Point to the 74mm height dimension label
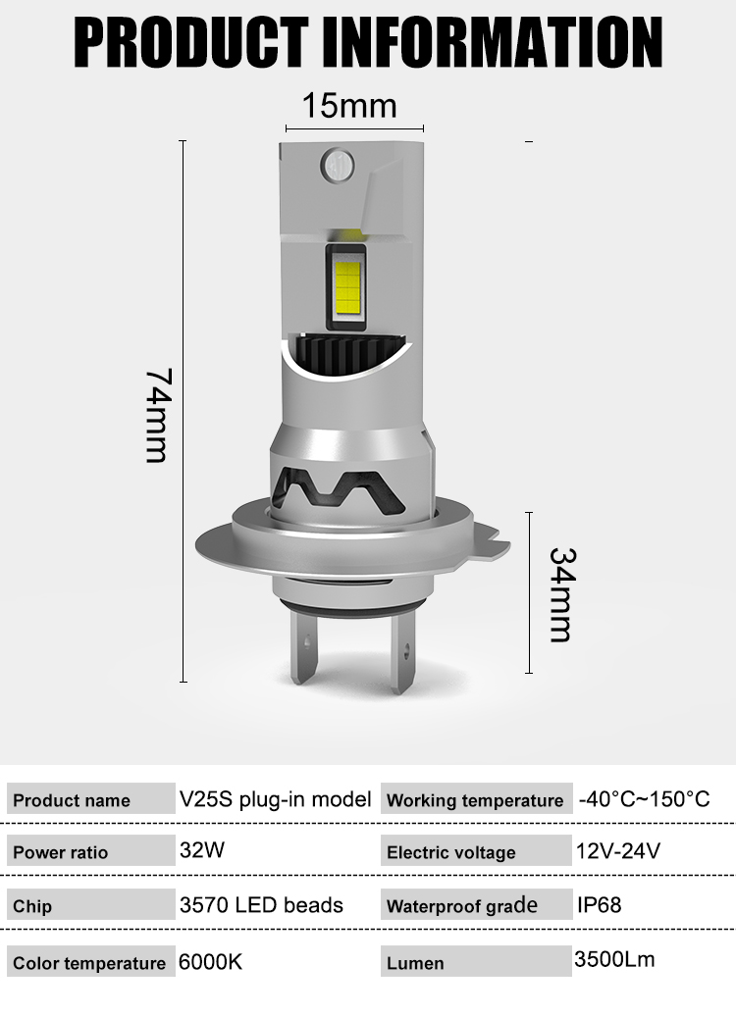(158, 415)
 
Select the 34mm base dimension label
(560, 594)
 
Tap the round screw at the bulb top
(337, 162)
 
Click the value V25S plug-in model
(275, 799)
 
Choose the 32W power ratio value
(202, 850)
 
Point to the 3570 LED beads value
(261, 904)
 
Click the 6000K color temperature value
(210, 961)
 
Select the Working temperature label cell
(475, 800)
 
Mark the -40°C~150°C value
(644, 799)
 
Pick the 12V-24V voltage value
(619, 850)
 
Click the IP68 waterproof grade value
(599, 904)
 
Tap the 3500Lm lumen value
(614, 958)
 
